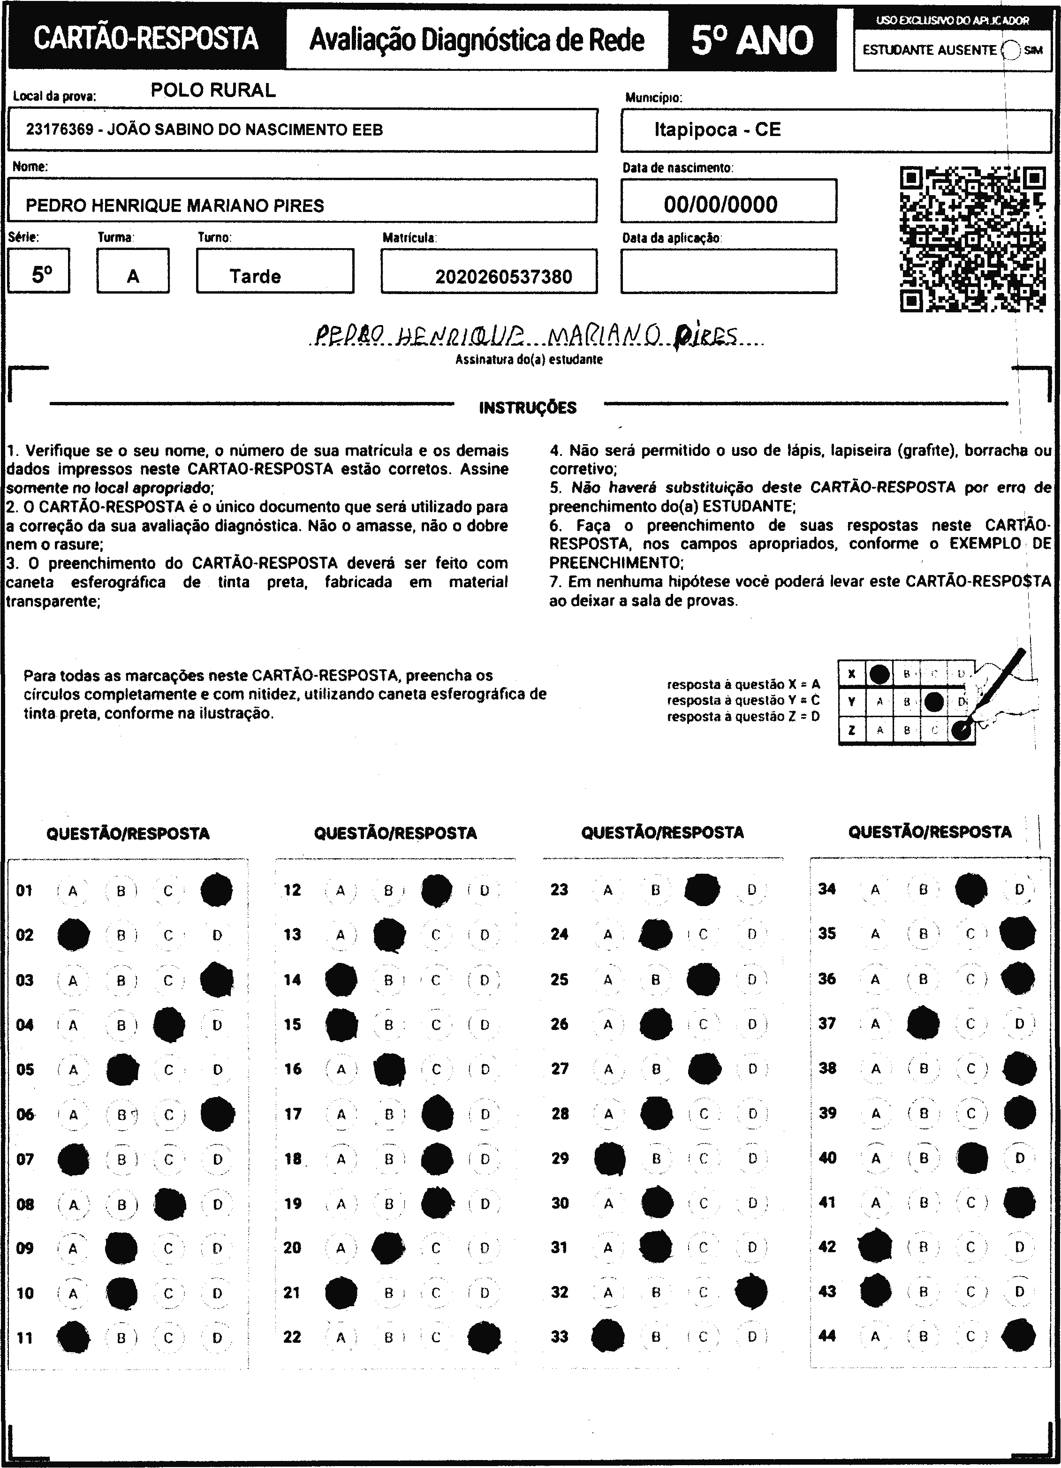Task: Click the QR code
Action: (973, 240)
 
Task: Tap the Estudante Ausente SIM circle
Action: (1010, 50)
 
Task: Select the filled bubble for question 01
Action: (216, 891)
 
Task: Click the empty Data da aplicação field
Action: (728, 271)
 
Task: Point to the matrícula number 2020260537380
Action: (503, 277)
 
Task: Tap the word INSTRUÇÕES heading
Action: (528, 408)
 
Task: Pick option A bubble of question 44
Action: (875, 1336)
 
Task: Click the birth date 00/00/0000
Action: (720, 204)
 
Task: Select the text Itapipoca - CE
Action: (717, 129)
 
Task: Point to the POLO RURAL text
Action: (213, 90)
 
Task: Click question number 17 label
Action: (293, 1114)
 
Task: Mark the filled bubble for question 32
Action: (751, 1292)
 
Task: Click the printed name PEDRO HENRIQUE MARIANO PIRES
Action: (175, 206)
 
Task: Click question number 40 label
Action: (827, 1158)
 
